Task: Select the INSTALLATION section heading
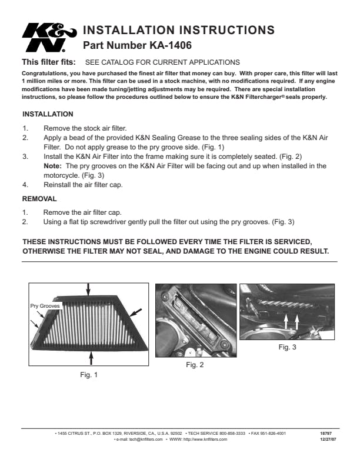[x=48, y=114]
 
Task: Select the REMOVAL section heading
[x=39, y=199]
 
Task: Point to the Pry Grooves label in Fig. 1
[x=45, y=307]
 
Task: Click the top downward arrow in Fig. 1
[x=88, y=288]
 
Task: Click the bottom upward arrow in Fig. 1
[x=91, y=358]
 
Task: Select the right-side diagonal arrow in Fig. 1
[x=135, y=311]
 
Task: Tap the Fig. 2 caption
[x=195, y=365]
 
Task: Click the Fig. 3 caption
[x=287, y=348]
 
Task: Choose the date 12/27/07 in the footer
[x=327, y=439]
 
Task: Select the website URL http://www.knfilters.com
[x=206, y=439]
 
